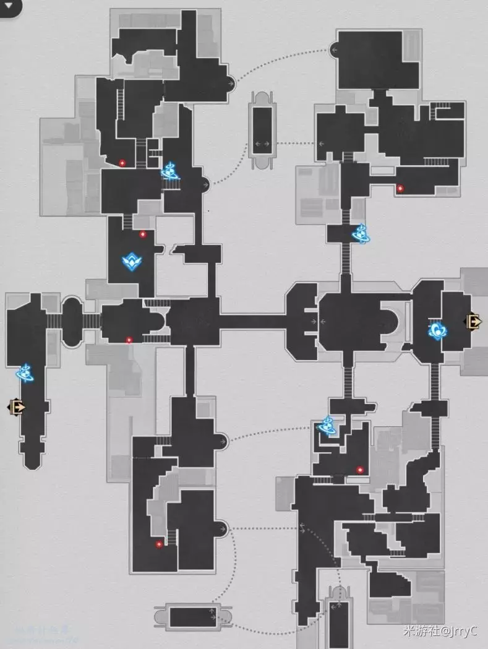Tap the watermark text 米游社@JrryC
click(440, 632)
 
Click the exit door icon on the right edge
click(474, 321)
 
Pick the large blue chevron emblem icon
click(131, 263)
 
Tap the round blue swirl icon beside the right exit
click(437, 330)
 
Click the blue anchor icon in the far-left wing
click(25, 372)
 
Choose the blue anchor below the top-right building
click(360, 233)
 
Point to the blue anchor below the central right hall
click(326, 426)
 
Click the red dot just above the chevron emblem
click(143, 234)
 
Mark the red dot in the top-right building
click(400, 189)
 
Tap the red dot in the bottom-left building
click(159, 544)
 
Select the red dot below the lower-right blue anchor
click(360, 470)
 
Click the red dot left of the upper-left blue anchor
click(122, 163)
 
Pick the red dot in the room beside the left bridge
click(129, 340)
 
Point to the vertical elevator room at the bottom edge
click(338, 622)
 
